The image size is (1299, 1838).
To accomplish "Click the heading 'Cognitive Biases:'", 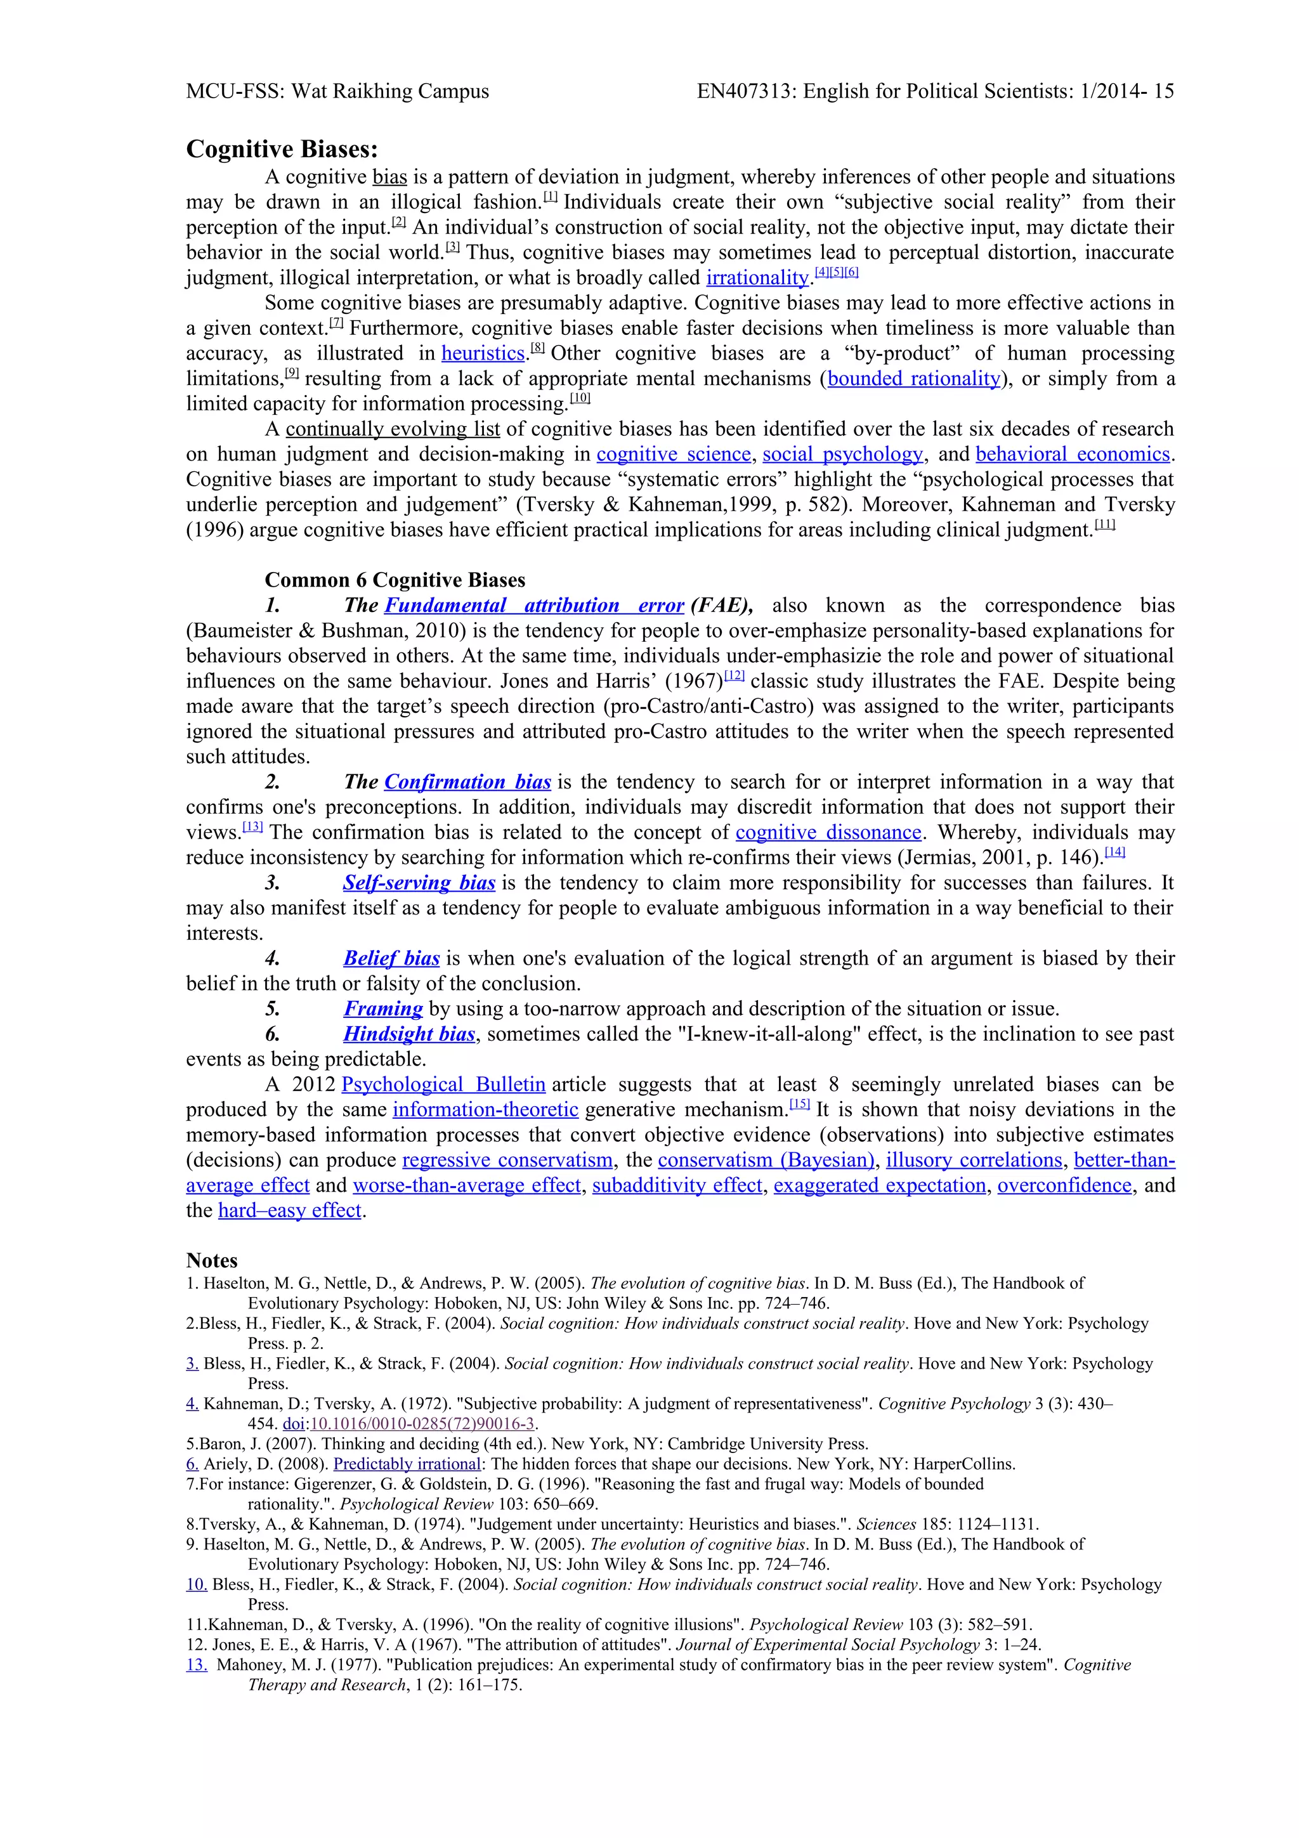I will click(x=282, y=150).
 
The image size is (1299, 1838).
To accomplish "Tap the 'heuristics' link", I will click(x=483, y=353).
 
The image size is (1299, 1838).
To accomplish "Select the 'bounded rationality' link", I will click(x=913, y=379).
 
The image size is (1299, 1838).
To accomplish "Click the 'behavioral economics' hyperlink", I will click(x=1073, y=454).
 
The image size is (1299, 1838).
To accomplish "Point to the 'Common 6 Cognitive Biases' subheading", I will click(x=395, y=580).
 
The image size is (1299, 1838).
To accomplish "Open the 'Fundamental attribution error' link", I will click(x=534, y=605).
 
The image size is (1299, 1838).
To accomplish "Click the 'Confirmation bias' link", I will click(x=467, y=782).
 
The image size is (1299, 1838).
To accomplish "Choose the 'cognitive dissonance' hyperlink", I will click(x=828, y=833).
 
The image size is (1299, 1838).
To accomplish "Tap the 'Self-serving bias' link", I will click(x=419, y=883).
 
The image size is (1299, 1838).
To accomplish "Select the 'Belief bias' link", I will click(x=391, y=958).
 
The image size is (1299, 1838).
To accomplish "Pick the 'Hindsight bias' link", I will click(x=409, y=1034).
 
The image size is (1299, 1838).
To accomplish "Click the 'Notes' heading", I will click(x=211, y=1260).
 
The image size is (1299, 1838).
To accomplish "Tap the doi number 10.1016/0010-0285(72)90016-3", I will click(x=422, y=1424).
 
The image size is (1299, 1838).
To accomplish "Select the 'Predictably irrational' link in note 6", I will click(x=407, y=1464).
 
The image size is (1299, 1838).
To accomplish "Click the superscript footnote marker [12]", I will click(x=734, y=677).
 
